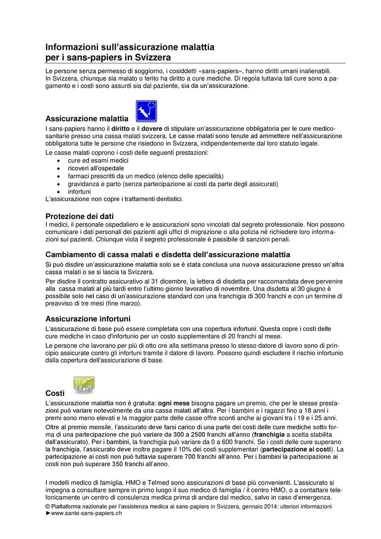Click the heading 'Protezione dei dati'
[80, 216]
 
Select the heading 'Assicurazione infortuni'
[88, 318]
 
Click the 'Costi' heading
[55, 393]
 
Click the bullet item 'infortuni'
[79, 191]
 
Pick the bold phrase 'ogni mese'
[174, 402]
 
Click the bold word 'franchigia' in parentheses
[269, 434]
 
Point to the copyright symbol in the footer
[48, 506]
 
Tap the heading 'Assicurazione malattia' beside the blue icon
[87, 119]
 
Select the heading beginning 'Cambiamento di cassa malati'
[168, 255]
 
